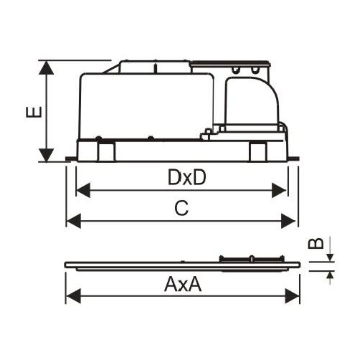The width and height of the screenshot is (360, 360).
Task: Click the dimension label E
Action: coord(34,112)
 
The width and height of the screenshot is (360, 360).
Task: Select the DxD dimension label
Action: coord(187,177)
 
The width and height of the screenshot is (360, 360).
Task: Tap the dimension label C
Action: coord(182,208)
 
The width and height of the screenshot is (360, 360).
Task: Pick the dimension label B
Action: coord(316,243)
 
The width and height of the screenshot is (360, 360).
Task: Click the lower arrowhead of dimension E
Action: coord(46,155)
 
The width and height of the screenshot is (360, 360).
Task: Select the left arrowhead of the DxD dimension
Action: coord(83,190)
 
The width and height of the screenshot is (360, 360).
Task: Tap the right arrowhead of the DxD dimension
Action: coord(279,190)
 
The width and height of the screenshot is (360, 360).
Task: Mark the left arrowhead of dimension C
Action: coord(73,221)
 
